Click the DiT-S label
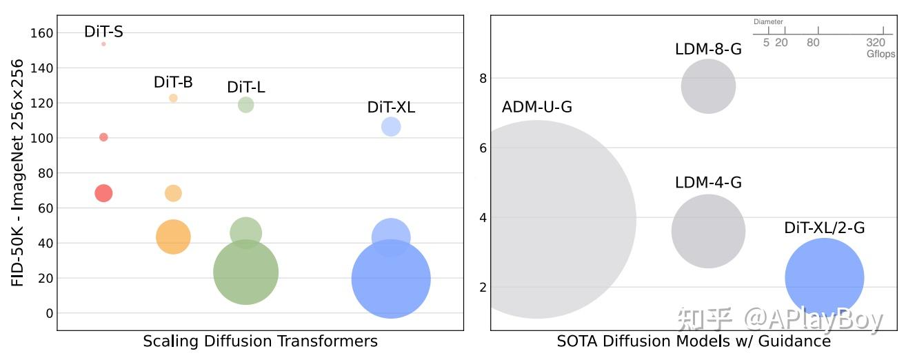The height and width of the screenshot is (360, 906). (x=103, y=32)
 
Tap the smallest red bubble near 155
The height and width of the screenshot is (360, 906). (x=103, y=44)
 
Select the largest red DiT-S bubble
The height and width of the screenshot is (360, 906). (x=103, y=193)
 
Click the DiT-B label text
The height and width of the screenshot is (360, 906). (x=173, y=83)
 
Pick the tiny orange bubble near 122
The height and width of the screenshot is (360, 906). (x=173, y=98)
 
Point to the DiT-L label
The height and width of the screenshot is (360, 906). (x=245, y=88)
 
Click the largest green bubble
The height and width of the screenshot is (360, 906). (x=245, y=272)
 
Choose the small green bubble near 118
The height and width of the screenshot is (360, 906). (x=245, y=105)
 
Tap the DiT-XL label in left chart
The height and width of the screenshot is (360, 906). (x=391, y=108)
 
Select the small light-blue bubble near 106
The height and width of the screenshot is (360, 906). (x=391, y=127)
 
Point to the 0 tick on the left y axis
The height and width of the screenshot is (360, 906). (x=49, y=314)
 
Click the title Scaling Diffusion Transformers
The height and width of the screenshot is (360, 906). (x=260, y=341)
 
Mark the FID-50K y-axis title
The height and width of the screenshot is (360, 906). (x=18, y=173)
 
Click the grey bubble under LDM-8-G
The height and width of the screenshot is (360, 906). (x=708, y=86)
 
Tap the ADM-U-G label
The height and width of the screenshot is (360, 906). (x=537, y=108)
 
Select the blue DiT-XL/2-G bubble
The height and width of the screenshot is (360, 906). (x=824, y=277)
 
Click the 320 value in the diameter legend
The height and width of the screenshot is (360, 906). (x=876, y=43)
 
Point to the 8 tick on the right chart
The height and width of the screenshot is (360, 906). (x=483, y=79)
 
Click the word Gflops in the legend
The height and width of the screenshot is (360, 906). (x=880, y=54)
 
